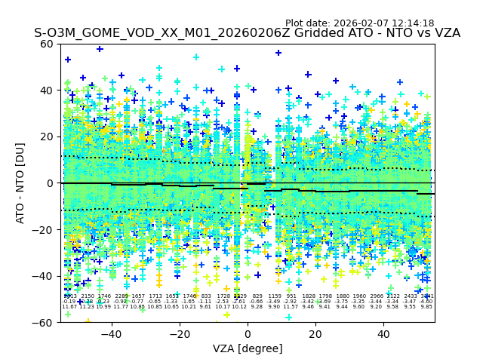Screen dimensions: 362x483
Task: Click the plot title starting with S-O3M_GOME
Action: click(x=247, y=33)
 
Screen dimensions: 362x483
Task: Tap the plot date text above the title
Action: click(x=359, y=23)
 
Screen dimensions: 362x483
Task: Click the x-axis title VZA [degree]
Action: click(x=248, y=348)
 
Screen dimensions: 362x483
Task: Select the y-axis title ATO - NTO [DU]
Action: click(x=20, y=183)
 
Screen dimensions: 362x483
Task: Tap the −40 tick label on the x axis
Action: click(x=111, y=333)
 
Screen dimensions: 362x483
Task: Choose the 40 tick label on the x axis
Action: click(x=383, y=333)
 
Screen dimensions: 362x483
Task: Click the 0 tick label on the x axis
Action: click(x=248, y=333)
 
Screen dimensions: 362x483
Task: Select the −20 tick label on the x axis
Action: click(x=179, y=333)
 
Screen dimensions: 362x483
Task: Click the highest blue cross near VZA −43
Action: click(x=100, y=49)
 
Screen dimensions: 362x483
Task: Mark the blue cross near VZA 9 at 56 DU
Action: click(x=278, y=53)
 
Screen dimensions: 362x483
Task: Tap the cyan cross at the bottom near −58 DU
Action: click(x=288, y=317)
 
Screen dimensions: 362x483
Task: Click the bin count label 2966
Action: click(x=376, y=296)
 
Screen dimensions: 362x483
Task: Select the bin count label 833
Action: click(x=206, y=296)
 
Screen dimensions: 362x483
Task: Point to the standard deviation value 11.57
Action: click(x=291, y=307)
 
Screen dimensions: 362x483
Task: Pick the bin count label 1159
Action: click(x=274, y=296)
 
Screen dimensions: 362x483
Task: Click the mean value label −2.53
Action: click(x=223, y=302)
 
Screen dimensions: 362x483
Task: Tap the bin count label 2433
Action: click(x=410, y=296)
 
